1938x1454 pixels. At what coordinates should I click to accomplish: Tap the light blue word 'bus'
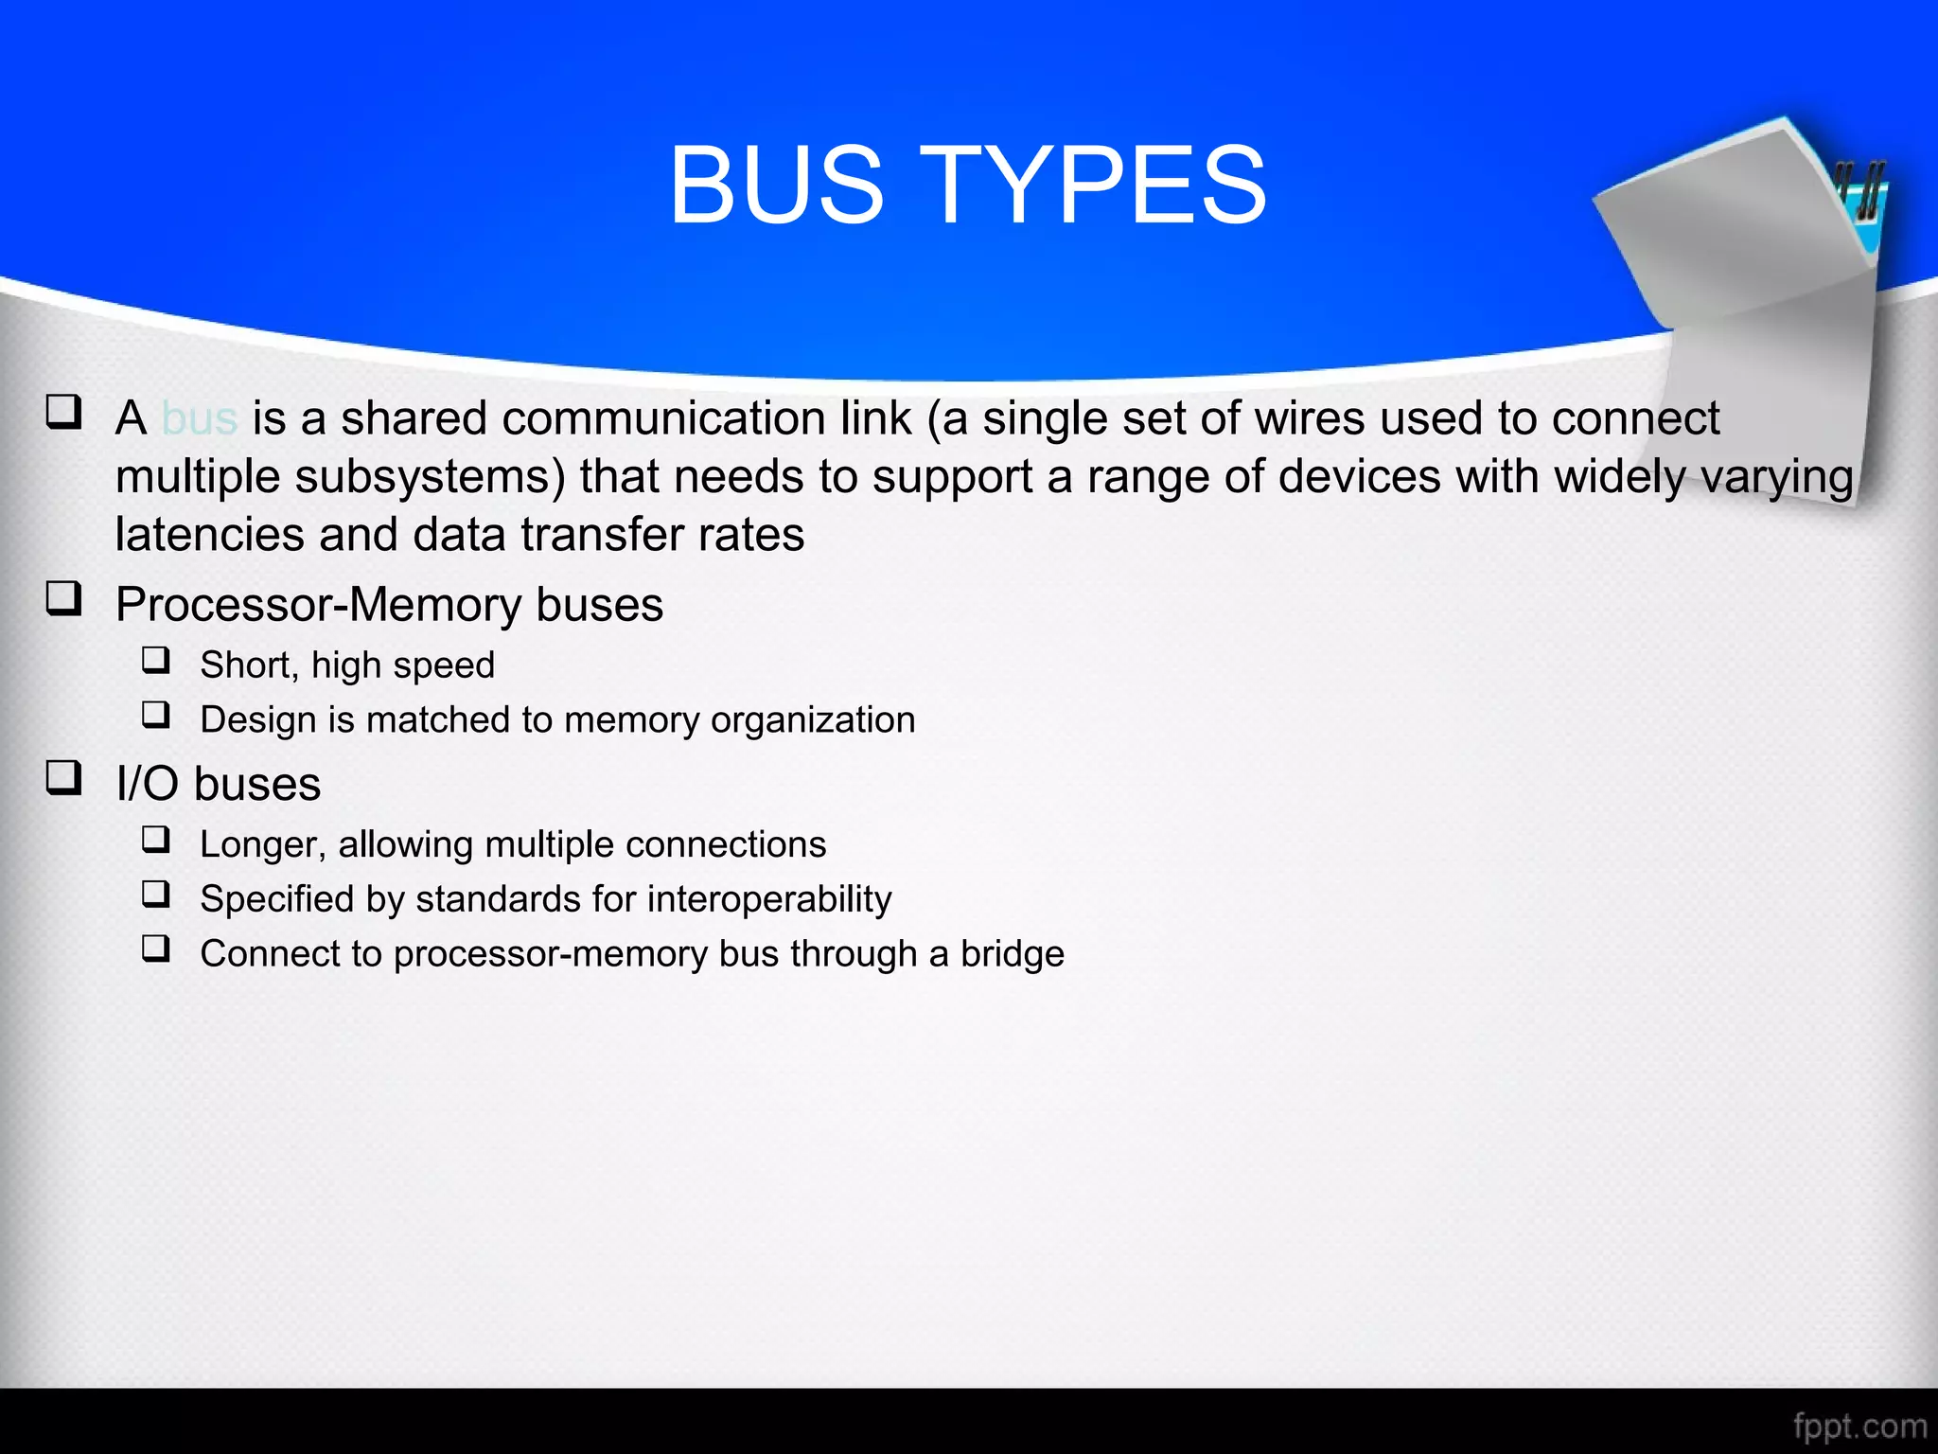pyautogui.click(x=199, y=418)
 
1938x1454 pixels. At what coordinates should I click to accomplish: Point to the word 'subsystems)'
pyautogui.click(x=430, y=477)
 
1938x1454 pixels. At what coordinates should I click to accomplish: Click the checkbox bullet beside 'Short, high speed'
pyautogui.click(x=156, y=659)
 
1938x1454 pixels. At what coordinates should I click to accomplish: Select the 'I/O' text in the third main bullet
pyautogui.click(x=147, y=785)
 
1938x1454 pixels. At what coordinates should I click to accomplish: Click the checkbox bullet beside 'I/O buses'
pyautogui.click(x=63, y=777)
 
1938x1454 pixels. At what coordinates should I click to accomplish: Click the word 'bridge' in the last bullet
pyautogui.click(x=1012, y=954)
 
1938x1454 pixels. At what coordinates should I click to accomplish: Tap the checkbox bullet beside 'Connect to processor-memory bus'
pyautogui.click(x=156, y=948)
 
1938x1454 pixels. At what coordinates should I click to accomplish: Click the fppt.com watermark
pyautogui.click(x=1859, y=1426)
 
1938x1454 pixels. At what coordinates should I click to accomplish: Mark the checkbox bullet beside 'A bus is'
pyautogui.click(x=63, y=412)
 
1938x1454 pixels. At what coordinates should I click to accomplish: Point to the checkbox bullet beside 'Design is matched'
pyautogui.click(x=156, y=714)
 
